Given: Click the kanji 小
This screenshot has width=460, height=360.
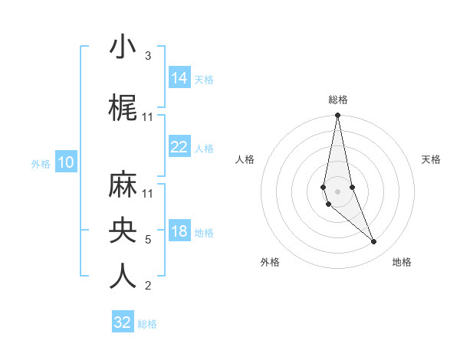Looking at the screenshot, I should [123, 47].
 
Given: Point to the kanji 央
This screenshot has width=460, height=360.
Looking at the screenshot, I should [123, 231].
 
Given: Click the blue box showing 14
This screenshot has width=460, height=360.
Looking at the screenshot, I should [179, 77].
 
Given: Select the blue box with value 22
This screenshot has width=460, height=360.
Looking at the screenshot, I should [179, 146].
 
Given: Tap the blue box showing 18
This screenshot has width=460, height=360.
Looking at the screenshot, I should [179, 231].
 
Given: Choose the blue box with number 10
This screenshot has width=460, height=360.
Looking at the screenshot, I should [66, 162].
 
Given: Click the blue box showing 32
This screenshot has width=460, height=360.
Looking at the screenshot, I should [123, 322].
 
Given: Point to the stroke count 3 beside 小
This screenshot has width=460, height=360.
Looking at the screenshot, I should [148, 56].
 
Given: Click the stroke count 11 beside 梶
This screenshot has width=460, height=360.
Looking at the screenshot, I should [149, 117].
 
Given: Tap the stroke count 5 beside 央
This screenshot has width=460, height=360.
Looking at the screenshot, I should [148, 240].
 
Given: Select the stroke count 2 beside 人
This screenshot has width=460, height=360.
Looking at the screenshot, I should [148, 286].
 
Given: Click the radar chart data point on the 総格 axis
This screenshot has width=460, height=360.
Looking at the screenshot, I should [337, 116].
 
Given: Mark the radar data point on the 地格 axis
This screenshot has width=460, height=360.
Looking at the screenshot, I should [373, 242].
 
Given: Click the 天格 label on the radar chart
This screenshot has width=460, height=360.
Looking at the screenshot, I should [431, 159].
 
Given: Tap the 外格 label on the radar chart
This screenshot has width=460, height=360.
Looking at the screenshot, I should [270, 262].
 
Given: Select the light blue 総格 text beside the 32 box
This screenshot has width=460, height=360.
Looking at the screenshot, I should [147, 324].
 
